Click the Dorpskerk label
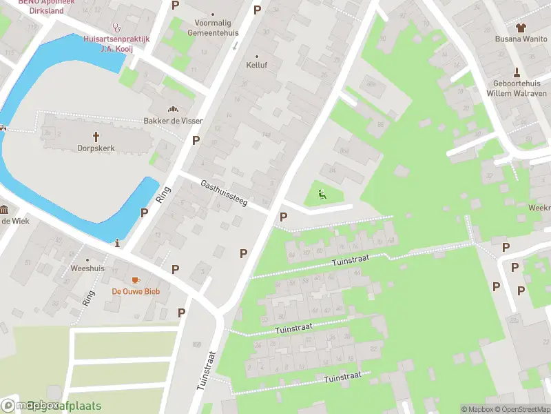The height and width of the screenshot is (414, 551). (x=96, y=148)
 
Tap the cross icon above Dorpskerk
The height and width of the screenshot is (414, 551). (x=96, y=137)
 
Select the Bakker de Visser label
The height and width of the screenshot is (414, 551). (x=173, y=121)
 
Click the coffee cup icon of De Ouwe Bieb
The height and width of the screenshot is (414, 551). (x=136, y=279)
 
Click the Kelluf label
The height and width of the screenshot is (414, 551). (x=257, y=66)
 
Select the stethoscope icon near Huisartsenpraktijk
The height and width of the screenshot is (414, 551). (x=116, y=29)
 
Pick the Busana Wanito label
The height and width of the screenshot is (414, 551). (x=521, y=39)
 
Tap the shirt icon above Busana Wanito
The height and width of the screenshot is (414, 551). (x=521, y=28)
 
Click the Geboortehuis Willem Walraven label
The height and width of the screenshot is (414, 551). (x=517, y=88)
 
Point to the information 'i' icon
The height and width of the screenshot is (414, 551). (x=118, y=243)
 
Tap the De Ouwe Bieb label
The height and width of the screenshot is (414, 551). (x=136, y=291)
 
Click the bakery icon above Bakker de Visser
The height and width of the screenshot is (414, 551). (x=173, y=109)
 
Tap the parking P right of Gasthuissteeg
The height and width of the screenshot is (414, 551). (x=283, y=217)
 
